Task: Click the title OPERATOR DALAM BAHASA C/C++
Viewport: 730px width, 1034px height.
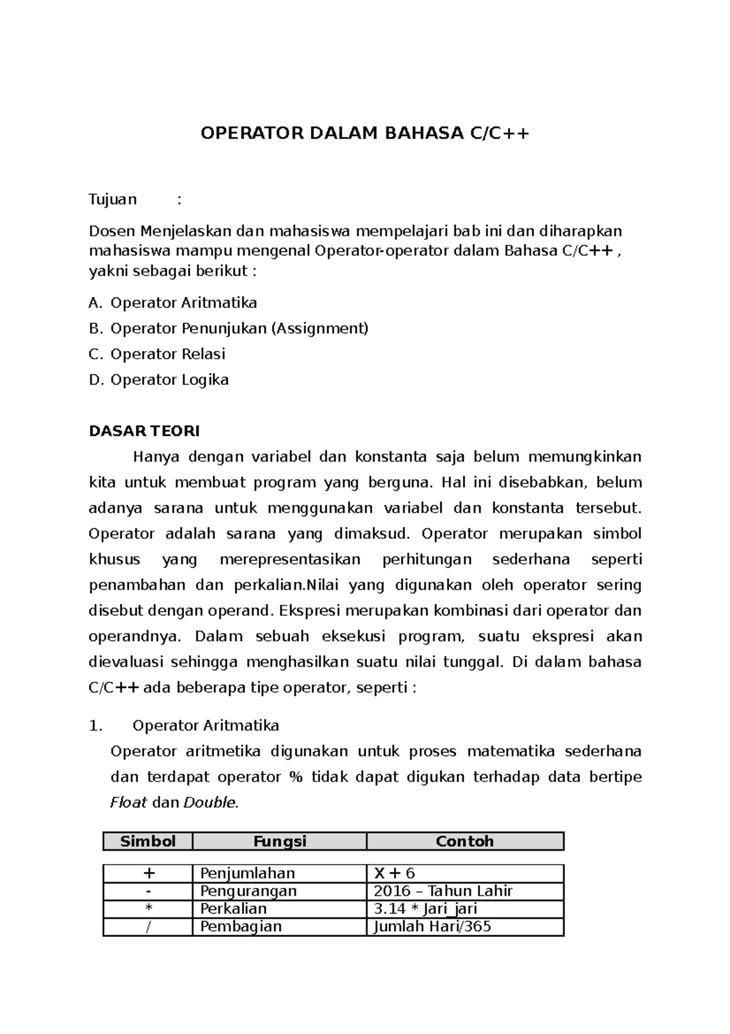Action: click(x=365, y=133)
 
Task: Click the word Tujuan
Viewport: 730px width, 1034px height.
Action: click(x=113, y=199)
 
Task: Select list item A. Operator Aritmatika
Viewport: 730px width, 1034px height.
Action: click(x=173, y=303)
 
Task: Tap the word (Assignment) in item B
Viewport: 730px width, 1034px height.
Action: click(x=320, y=328)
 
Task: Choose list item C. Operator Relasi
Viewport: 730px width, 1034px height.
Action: click(x=157, y=354)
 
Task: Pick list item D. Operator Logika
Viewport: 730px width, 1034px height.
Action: click(x=159, y=379)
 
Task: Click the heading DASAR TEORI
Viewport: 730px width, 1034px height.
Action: click(x=144, y=431)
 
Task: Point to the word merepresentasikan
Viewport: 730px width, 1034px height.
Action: click(x=290, y=559)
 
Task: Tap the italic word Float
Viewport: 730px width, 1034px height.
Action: click(x=128, y=803)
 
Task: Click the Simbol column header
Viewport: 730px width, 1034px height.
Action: click(x=148, y=841)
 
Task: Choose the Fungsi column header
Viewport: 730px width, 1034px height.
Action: click(x=280, y=841)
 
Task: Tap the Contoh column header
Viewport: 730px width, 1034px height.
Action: click(x=465, y=841)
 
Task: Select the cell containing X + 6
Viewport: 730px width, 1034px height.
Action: click(x=394, y=873)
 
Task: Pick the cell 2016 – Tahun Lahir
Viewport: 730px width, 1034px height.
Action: click(x=443, y=891)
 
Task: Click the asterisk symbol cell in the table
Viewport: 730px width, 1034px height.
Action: click(x=148, y=909)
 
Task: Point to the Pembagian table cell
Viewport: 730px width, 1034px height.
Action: click(x=241, y=926)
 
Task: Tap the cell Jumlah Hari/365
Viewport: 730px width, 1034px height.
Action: click(x=432, y=926)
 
